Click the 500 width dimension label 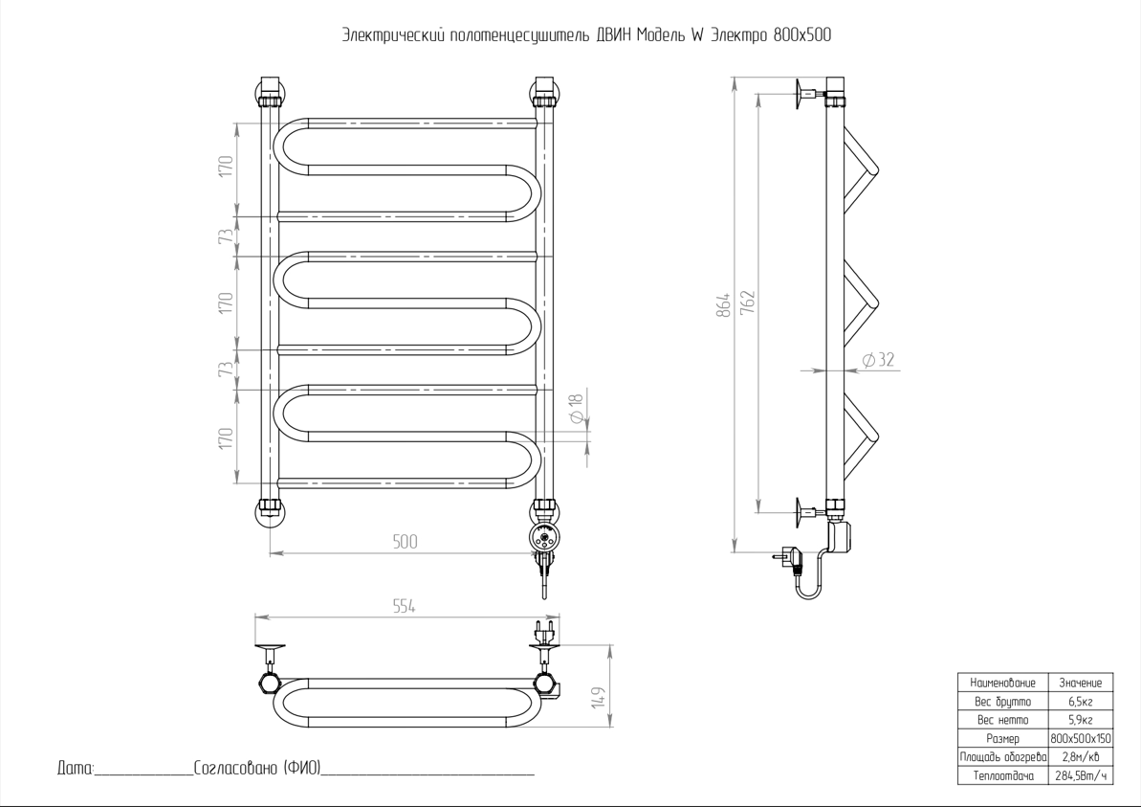click(405, 542)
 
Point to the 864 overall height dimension click(724, 304)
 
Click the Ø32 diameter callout click(877, 360)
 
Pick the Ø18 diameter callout click(577, 410)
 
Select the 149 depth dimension click(598, 696)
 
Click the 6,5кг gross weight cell click(1080, 702)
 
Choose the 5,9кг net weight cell click(1080, 720)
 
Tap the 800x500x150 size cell click(1080, 739)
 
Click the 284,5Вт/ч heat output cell click(1080, 775)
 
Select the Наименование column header click(1002, 683)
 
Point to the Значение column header click(1080, 683)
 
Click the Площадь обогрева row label click(1002, 757)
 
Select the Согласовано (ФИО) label click(255, 768)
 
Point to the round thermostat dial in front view click(543, 537)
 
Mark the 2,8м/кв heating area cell click(1080, 757)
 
